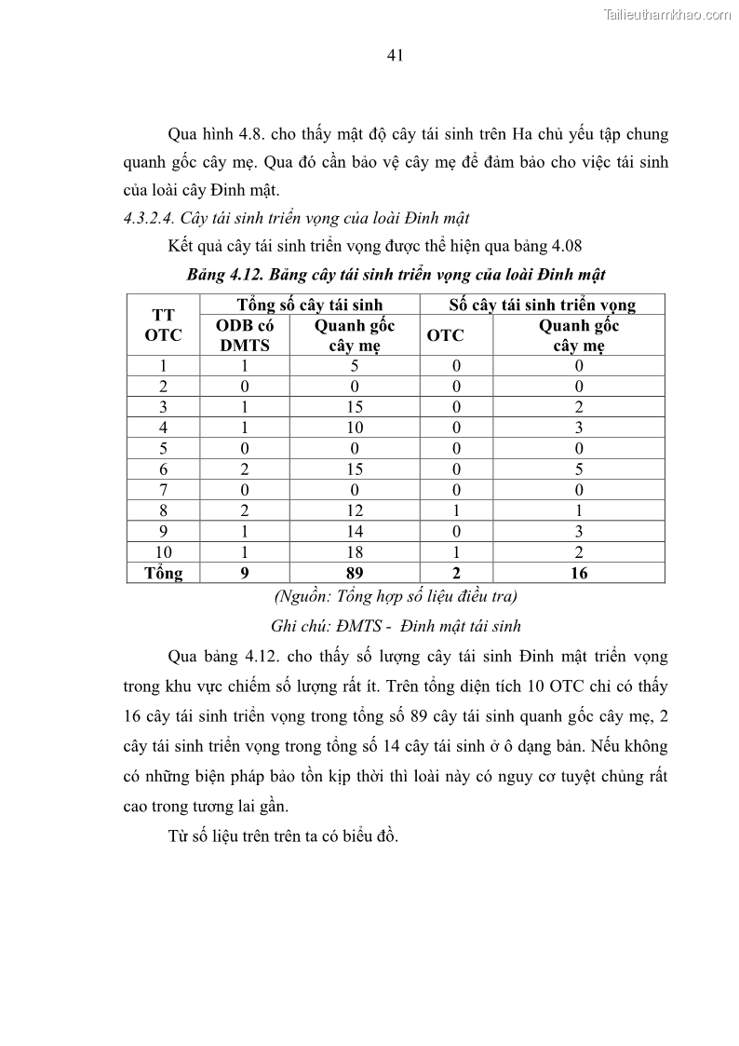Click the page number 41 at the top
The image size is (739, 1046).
(394, 56)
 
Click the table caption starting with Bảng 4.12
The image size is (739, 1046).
(396, 275)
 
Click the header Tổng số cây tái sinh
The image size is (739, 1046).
(309, 305)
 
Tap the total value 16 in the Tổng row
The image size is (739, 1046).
(579, 573)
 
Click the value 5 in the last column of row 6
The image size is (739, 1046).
(579, 469)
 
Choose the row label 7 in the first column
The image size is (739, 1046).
(163, 490)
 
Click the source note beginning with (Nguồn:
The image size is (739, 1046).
(396, 596)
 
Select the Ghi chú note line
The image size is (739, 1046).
(396, 626)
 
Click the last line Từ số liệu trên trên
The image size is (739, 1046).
(284, 835)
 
